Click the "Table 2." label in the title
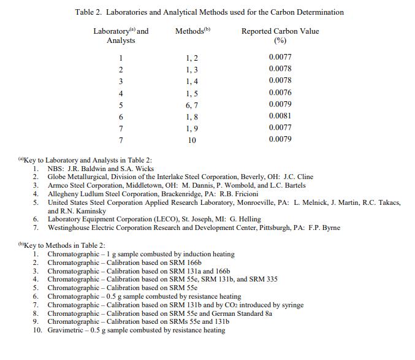[x=89, y=12]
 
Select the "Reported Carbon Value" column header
[x=280, y=31]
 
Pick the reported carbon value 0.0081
[x=280, y=116]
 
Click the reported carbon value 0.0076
[x=280, y=93]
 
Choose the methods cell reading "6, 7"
[x=192, y=105]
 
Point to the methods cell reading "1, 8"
[x=192, y=117]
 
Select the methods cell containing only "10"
[x=192, y=140]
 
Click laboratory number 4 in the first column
[x=121, y=93]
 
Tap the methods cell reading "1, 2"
[x=192, y=58]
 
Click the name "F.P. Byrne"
[x=323, y=228]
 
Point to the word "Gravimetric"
[x=68, y=331]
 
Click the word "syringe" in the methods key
[x=291, y=305]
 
